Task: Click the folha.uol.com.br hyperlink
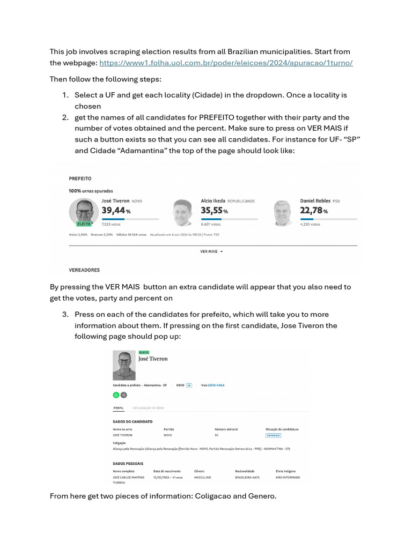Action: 226,63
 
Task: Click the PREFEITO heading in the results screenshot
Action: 80,178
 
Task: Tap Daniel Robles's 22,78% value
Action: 314,211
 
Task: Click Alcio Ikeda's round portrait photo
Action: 182,213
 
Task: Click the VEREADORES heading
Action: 84,270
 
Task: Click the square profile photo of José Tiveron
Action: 124,366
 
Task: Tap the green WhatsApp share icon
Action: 116,395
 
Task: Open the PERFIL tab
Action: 119,408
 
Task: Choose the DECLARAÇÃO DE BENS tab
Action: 148,408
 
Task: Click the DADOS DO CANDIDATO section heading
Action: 133,421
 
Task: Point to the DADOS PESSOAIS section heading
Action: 128,463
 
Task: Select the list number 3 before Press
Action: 65,315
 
